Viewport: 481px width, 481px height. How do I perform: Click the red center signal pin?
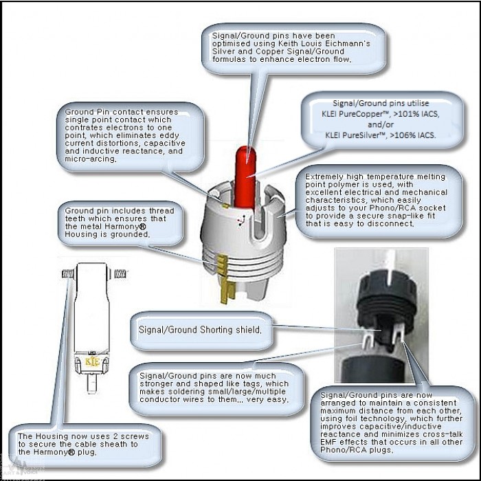click(x=246, y=178)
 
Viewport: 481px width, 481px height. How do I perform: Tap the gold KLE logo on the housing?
click(x=92, y=362)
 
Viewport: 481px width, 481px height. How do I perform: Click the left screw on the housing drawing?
click(x=68, y=273)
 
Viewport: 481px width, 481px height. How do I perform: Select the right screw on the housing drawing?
click(x=120, y=273)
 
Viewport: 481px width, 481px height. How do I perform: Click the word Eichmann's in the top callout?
click(x=349, y=43)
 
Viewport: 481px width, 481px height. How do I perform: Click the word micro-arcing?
click(x=90, y=159)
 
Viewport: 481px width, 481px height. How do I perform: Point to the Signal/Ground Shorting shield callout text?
click(x=200, y=330)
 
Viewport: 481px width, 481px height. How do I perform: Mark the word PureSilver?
click(x=361, y=135)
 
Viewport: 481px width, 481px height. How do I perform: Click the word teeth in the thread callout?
click(x=75, y=219)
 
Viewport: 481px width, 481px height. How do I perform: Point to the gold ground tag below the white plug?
click(x=227, y=289)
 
